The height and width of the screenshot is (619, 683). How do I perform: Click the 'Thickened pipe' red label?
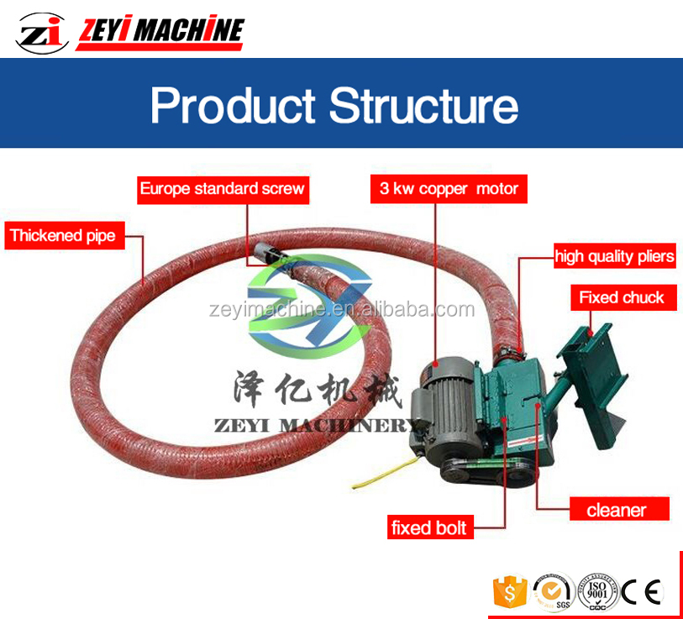click(62, 236)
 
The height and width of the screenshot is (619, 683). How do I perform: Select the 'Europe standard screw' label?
click(222, 189)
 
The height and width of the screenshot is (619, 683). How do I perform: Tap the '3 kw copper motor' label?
click(449, 189)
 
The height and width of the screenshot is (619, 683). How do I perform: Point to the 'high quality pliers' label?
click(614, 256)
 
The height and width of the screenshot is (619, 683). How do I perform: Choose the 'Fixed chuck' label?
click(621, 297)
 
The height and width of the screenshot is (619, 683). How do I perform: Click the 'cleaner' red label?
click(617, 509)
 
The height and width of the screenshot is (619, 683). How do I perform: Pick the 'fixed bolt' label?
click(428, 528)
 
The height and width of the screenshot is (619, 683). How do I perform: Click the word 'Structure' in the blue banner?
click(423, 107)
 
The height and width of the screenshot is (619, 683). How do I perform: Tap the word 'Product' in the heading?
click(233, 107)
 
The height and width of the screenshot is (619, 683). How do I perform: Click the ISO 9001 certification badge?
click(597, 591)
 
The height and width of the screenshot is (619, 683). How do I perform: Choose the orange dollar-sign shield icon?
click(509, 591)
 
